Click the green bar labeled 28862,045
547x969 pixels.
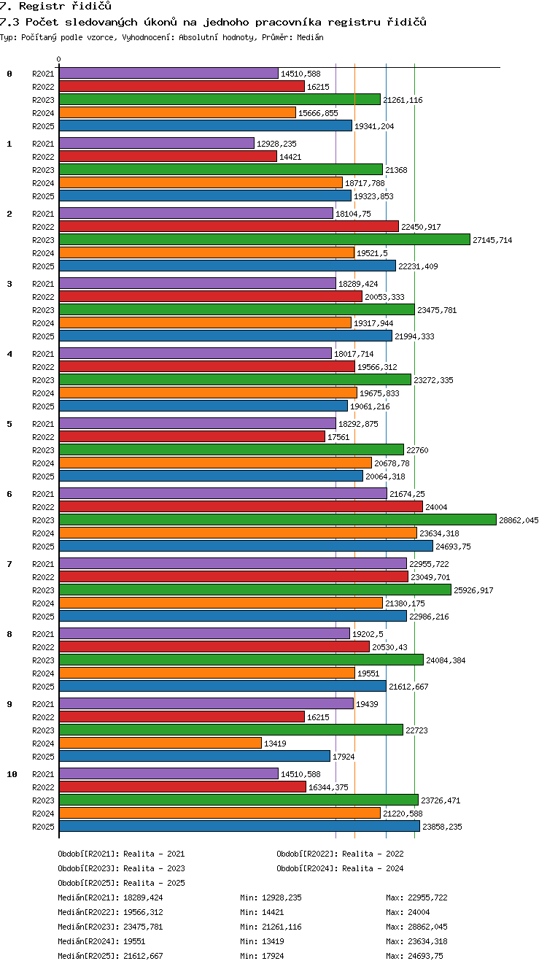(x=278, y=520)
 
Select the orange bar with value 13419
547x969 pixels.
(x=160, y=743)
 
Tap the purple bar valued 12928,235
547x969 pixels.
(x=157, y=143)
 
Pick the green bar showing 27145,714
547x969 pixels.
(x=265, y=239)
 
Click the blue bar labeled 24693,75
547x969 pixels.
(x=246, y=546)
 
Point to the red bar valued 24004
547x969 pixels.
(x=241, y=506)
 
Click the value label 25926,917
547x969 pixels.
(x=473, y=590)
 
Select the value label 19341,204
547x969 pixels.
(x=374, y=126)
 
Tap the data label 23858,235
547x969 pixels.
(x=443, y=827)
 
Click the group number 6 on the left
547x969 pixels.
(x=9, y=494)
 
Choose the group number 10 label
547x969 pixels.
(x=12, y=774)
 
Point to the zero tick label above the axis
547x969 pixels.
(x=59, y=59)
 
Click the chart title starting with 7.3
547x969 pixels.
(x=213, y=22)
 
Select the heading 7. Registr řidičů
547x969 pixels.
(x=55, y=6)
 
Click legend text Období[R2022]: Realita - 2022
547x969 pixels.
(x=340, y=854)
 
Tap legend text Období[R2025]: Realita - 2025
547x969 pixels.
(x=122, y=883)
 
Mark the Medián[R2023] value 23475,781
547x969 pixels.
(x=143, y=927)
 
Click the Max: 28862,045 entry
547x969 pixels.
(x=417, y=927)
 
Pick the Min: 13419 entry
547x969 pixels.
(x=262, y=941)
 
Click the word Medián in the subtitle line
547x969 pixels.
(x=310, y=37)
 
